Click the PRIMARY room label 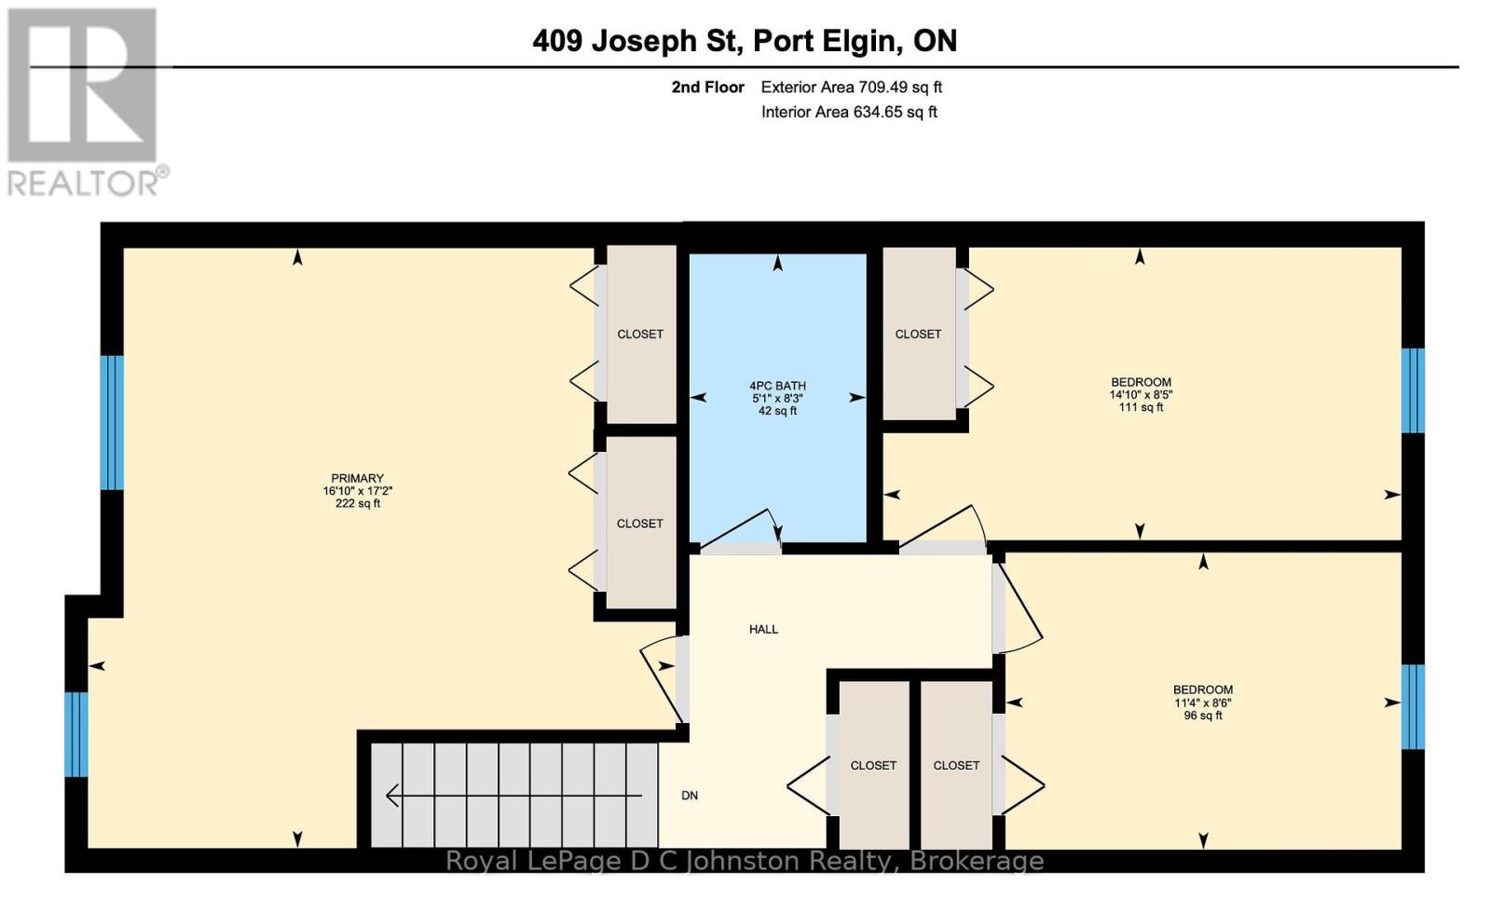point(358,478)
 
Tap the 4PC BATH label point(777,386)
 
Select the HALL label point(763,629)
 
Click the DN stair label point(690,796)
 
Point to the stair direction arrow point(513,796)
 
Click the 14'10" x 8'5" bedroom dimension point(1141,394)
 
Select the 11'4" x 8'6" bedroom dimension point(1203,703)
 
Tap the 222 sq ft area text point(358,503)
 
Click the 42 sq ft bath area point(777,411)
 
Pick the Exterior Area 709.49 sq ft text point(852,88)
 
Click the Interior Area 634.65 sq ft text point(849,112)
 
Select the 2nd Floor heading point(707,88)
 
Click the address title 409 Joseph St point(637,41)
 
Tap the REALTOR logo point(87,102)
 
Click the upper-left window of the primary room point(112,423)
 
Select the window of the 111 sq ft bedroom point(1413,390)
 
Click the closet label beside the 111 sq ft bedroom point(918,334)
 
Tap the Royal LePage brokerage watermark point(745,861)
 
